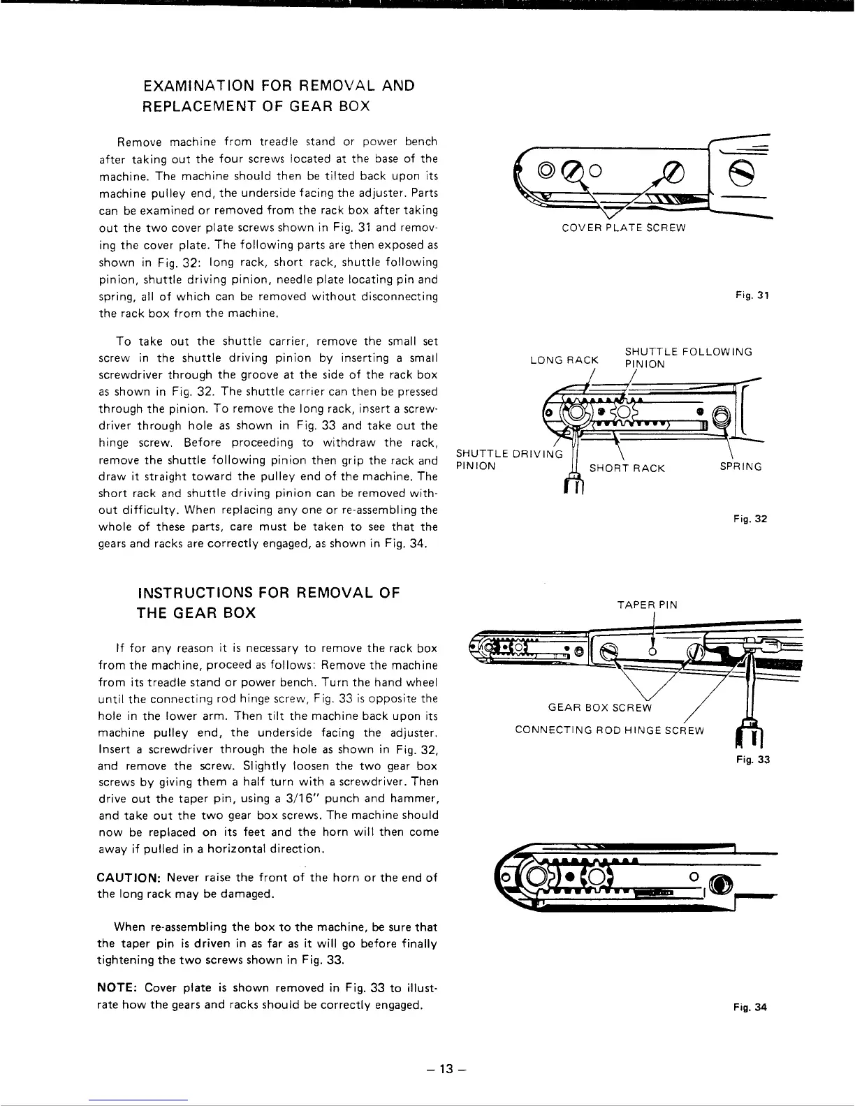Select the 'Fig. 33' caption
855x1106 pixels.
point(752,760)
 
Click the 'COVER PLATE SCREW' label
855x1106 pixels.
point(624,228)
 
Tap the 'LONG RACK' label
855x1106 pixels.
point(564,360)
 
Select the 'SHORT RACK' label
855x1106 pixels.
point(627,468)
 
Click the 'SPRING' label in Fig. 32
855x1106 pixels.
point(740,466)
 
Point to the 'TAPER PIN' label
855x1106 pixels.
point(647,605)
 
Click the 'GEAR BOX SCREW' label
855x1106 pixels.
point(599,708)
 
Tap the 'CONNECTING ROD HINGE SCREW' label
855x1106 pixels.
point(609,730)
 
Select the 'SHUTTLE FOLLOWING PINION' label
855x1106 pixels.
point(688,357)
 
